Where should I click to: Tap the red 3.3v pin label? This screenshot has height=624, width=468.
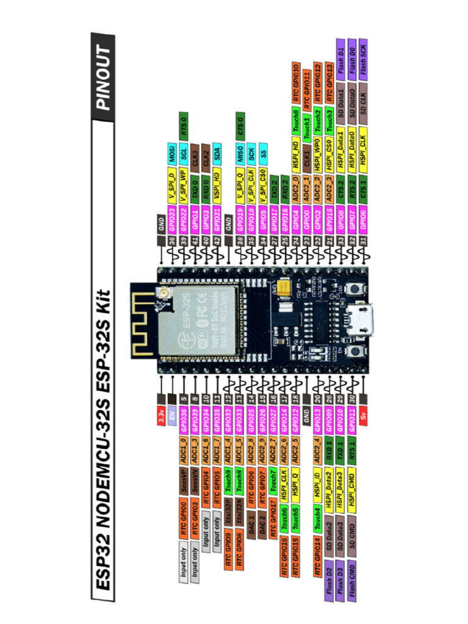tap(161, 414)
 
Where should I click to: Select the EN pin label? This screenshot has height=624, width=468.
tap(172, 414)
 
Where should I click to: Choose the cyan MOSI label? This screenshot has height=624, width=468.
tap(172, 158)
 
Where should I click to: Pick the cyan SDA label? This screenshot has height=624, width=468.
tap(217, 158)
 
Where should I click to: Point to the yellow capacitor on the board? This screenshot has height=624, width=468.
tap(283, 286)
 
